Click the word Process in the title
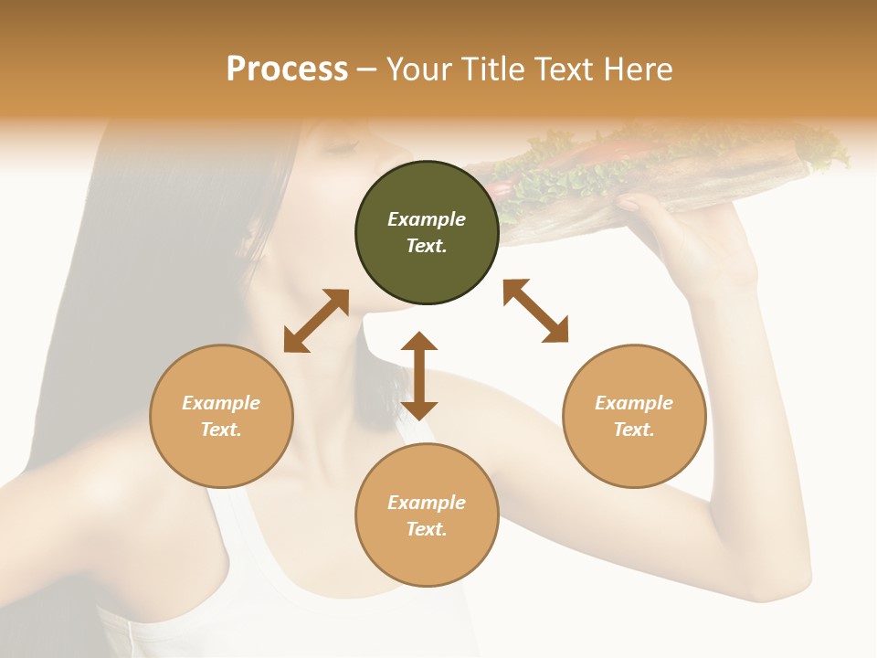[x=287, y=69]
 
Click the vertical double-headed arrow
[x=419, y=376]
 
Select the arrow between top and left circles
[x=316, y=321]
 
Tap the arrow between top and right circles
[x=535, y=311]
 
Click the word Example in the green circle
[x=427, y=219]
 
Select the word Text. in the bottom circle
[x=427, y=529]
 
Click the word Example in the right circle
[x=634, y=403]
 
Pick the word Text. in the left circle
[x=221, y=430]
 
